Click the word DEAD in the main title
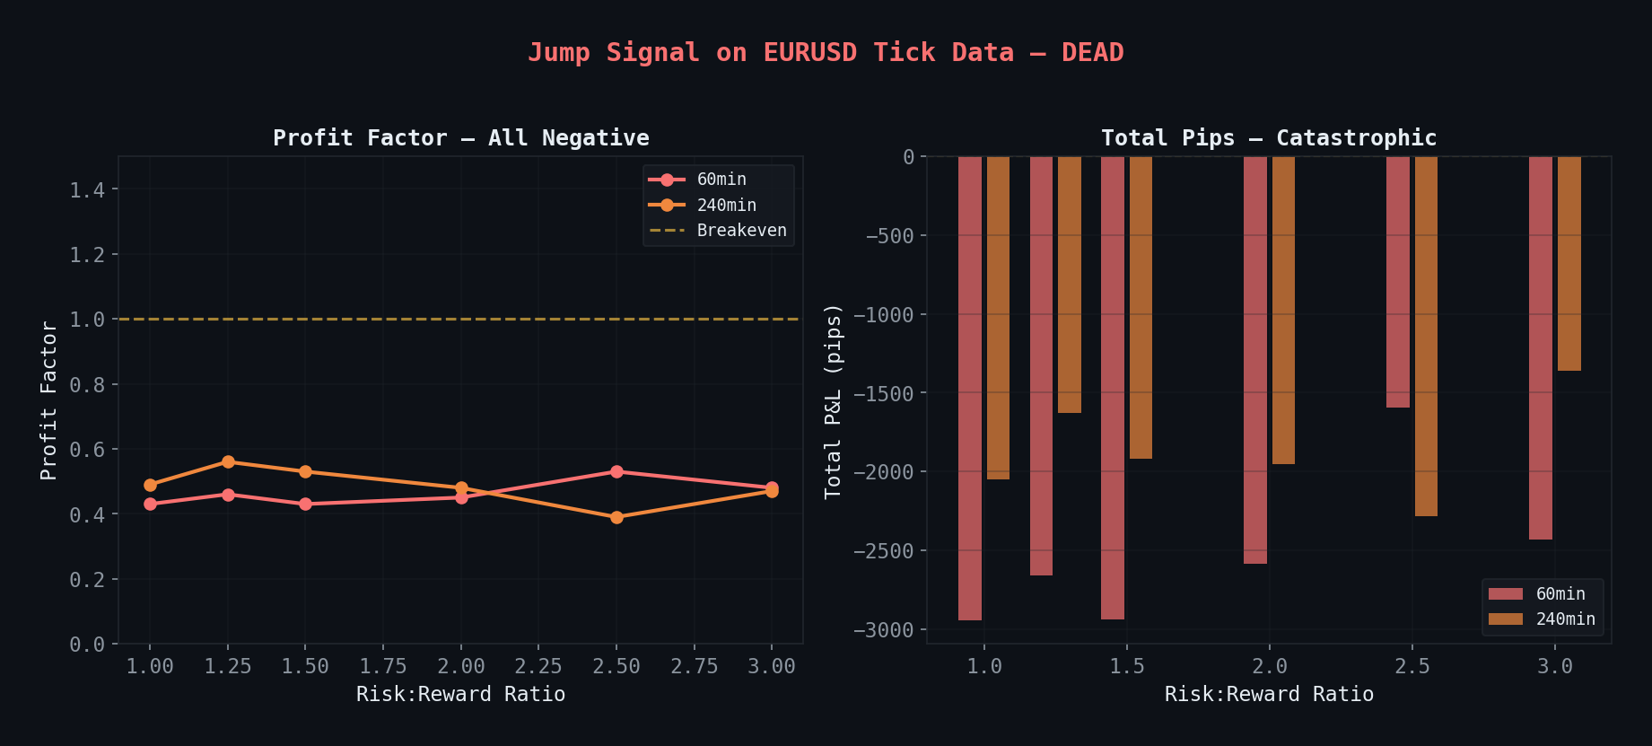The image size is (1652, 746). click(x=1092, y=53)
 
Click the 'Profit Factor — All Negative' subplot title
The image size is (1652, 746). click(x=460, y=138)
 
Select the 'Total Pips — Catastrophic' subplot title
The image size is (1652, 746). click(x=1268, y=138)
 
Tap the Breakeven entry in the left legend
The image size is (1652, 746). click(x=741, y=231)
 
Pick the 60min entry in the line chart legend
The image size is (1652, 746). click(x=721, y=180)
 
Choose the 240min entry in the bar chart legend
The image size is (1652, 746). click(x=1565, y=619)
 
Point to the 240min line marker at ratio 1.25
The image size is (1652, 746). click(x=228, y=462)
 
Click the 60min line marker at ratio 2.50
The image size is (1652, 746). click(x=616, y=472)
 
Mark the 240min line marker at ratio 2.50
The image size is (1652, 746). click(x=616, y=517)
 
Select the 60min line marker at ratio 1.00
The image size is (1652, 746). click(x=150, y=505)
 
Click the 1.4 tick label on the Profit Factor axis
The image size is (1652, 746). click(x=87, y=189)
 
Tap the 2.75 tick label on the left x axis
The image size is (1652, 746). click(x=694, y=667)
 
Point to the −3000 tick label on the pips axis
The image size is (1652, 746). click(x=883, y=630)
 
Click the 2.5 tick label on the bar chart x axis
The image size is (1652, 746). click(x=1412, y=667)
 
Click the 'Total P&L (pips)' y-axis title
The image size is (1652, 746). click(x=834, y=401)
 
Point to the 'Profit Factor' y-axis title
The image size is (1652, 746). click(x=49, y=401)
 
